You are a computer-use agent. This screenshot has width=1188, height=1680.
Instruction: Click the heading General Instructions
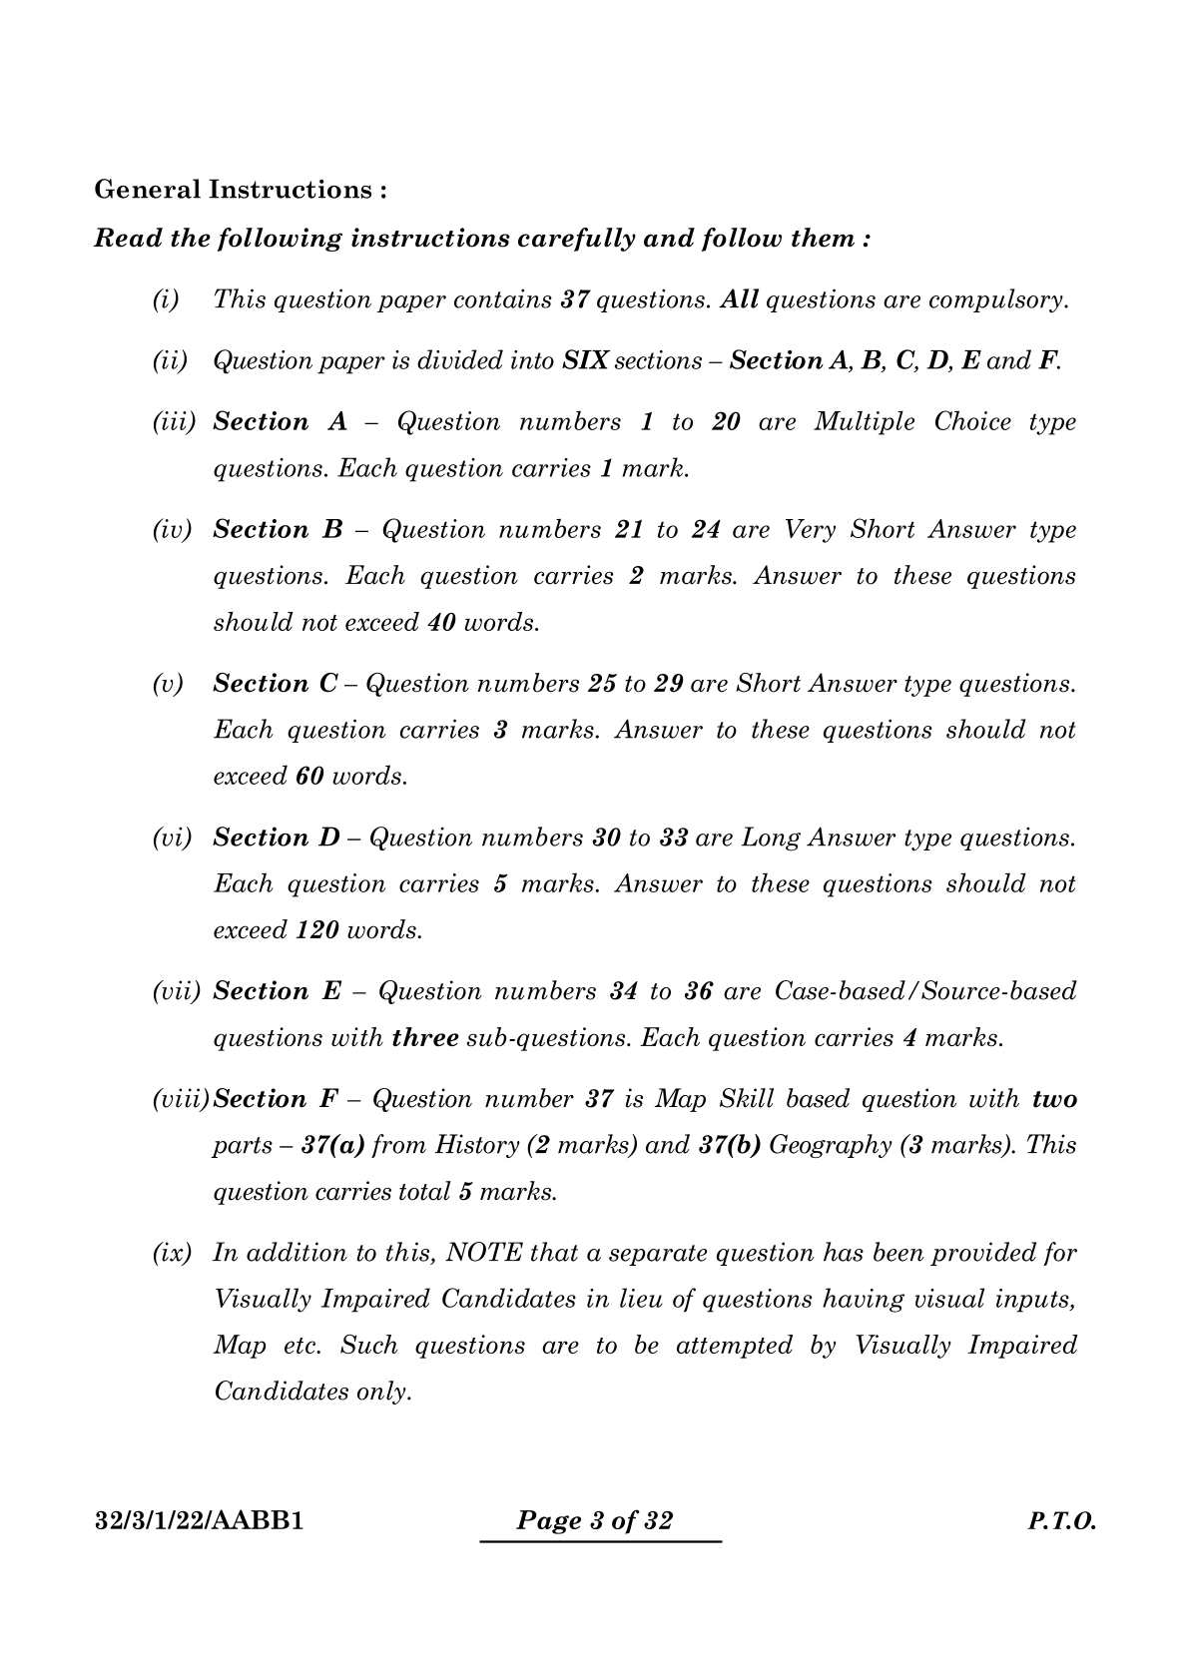coord(240,190)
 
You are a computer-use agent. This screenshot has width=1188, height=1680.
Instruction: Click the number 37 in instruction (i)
coord(574,299)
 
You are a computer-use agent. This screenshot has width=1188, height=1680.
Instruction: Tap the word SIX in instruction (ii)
coord(586,360)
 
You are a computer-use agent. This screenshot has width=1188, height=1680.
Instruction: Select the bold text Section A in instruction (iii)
coord(280,422)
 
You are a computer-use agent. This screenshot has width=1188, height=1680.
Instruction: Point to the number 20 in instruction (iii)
coord(726,422)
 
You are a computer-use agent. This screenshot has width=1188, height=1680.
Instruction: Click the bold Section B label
coord(278,530)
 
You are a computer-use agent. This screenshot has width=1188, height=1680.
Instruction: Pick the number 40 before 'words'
coord(441,623)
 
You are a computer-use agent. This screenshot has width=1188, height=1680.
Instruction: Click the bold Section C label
coord(277,684)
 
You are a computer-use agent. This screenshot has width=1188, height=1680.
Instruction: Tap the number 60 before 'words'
coord(309,777)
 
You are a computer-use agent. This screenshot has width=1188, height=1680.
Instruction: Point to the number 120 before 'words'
coord(317,930)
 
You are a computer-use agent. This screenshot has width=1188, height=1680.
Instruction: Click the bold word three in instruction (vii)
coord(425,1038)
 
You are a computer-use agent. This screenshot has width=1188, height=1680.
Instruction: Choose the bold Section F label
coord(276,1099)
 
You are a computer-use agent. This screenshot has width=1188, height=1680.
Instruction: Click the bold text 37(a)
coord(333,1145)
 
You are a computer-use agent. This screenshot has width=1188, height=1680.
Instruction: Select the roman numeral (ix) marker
coord(172,1253)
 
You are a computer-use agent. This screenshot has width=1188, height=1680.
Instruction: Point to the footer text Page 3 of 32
coord(595,1521)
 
